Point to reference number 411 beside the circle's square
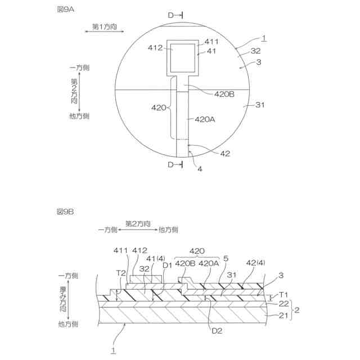211,42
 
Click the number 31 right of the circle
260,105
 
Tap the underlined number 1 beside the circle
264,38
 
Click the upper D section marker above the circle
175,15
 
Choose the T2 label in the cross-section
120,272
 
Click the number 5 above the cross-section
226,259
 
